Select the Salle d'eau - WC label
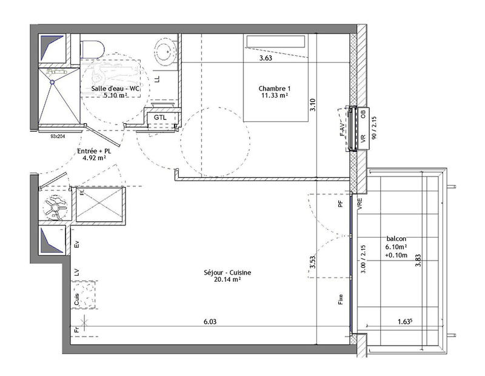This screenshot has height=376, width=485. coord(115,88)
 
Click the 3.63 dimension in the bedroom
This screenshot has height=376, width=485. coord(266,59)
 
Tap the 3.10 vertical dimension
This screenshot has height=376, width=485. coord(313,108)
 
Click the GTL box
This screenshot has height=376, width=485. coord(160,117)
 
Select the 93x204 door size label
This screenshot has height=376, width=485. coord(58,137)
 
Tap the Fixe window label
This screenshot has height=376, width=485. coord(341,299)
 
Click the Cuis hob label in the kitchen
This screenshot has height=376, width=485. coord(76,298)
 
